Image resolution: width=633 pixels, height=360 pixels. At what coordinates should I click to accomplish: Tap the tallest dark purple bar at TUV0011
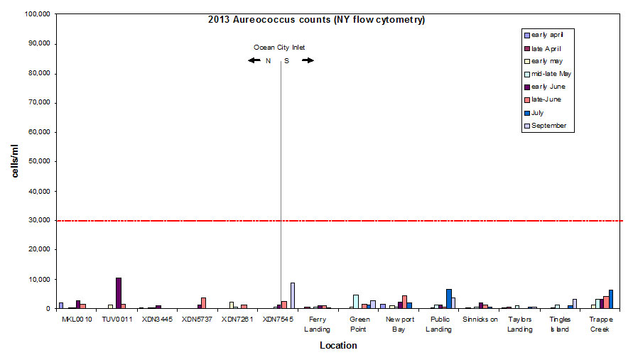pos(119,293)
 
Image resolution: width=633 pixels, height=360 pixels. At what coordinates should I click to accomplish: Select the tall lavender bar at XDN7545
pos(292,295)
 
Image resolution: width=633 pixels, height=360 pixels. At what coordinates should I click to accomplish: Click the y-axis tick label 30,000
pos(37,220)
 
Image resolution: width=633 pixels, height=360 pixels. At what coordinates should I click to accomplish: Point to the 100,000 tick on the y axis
pos(36,13)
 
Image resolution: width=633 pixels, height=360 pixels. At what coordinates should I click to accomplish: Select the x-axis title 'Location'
pos(338,346)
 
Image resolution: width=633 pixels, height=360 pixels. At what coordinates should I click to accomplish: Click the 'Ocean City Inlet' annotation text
pos(279,48)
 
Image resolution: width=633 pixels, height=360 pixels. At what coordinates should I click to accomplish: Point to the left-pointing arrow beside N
pos(254,60)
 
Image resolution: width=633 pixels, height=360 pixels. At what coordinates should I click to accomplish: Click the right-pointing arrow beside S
pos(308,60)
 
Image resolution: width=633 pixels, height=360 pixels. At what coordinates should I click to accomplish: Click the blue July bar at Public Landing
pos(448,298)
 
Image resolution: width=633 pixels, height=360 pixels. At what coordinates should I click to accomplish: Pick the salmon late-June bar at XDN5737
pos(203,302)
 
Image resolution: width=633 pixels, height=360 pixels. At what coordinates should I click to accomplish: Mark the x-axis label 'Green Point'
pos(358,324)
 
